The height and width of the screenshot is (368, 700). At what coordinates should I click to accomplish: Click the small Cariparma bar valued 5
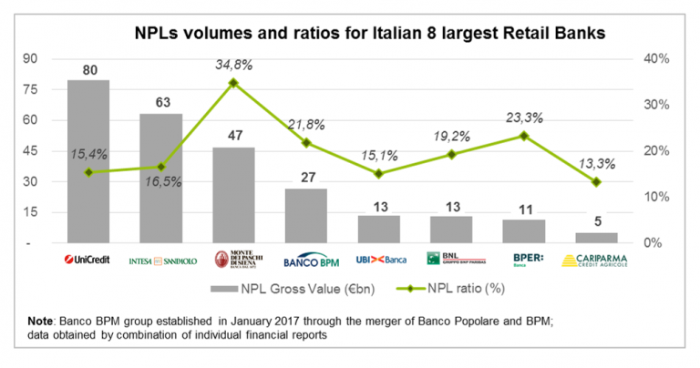(x=596, y=239)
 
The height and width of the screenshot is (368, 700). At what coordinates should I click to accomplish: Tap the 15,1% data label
(x=379, y=153)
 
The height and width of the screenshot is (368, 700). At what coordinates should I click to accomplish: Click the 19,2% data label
(x=452, y=135)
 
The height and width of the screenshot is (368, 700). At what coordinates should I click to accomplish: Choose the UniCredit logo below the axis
(x=88, y=260)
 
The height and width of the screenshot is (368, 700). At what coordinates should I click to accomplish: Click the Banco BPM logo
(x=305, y=261)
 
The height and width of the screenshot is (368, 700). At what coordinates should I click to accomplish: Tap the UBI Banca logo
(x=380, y=260)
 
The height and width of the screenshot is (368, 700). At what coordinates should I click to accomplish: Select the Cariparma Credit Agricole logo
(x=596, y=261)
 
